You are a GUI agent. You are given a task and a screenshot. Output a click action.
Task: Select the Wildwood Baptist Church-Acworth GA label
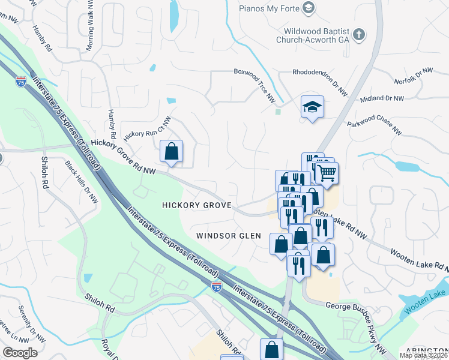tap(312, 38)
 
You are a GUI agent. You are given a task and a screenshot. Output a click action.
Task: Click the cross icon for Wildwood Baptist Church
tap(359, 34)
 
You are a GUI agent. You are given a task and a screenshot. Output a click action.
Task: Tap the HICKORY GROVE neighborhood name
tap(197, 205)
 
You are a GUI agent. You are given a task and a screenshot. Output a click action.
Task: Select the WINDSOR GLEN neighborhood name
tap(229, 236)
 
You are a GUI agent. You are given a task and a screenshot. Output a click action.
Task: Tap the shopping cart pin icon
tap(327, 173)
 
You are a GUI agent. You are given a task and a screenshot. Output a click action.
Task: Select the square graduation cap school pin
tap(312, 107)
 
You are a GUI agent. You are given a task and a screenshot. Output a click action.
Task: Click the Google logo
tap(20, 353)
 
